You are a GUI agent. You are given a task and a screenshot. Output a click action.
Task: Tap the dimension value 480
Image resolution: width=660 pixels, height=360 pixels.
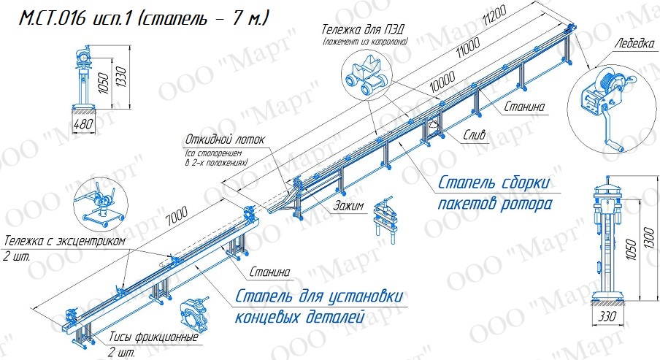click(83, 124)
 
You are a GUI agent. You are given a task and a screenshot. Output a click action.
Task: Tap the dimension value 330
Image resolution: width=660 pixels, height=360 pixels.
click(607, 315)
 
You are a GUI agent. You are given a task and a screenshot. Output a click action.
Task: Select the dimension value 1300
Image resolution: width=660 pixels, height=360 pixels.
click(648, 244)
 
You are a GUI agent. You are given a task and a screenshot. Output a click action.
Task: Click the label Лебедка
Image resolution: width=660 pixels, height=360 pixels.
click(634, 43)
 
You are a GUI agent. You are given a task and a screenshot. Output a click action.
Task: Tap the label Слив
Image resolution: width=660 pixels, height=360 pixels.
click(475, 134)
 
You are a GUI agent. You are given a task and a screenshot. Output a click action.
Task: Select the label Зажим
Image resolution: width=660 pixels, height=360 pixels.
click(348, 205)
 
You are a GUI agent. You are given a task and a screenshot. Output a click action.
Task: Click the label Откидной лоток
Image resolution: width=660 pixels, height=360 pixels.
click(225, 139)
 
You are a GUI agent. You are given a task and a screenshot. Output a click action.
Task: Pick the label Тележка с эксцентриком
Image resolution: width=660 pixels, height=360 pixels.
click(65, 241)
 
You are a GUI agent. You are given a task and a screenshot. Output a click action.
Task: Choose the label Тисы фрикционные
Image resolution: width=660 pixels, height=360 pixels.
click(153, 337)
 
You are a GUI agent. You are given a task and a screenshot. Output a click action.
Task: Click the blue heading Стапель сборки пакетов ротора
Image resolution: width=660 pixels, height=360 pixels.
click(494, 194)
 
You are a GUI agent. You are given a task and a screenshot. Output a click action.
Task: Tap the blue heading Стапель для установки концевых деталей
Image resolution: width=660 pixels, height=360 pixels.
click(318, 307)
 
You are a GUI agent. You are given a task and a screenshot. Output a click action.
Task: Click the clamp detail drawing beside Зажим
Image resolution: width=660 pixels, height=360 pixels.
click(386, 221)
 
